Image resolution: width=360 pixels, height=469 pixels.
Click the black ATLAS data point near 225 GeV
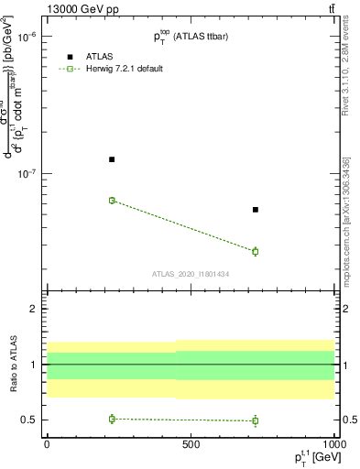(x=112, y=159)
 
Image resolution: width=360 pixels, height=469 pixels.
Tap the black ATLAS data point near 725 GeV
(x=256, y=210)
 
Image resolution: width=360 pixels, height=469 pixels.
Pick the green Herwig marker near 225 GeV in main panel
(x=112, y=200)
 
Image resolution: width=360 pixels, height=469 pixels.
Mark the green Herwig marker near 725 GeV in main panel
(x=256, y=251)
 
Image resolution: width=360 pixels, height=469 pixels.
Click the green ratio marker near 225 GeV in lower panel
(x=112, y=419)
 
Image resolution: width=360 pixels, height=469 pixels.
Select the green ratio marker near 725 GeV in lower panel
(x=256, y=420)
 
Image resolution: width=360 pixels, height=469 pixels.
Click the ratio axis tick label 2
(x=32, y=309)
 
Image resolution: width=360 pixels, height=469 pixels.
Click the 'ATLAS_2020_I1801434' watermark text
(x=191, y=274)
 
